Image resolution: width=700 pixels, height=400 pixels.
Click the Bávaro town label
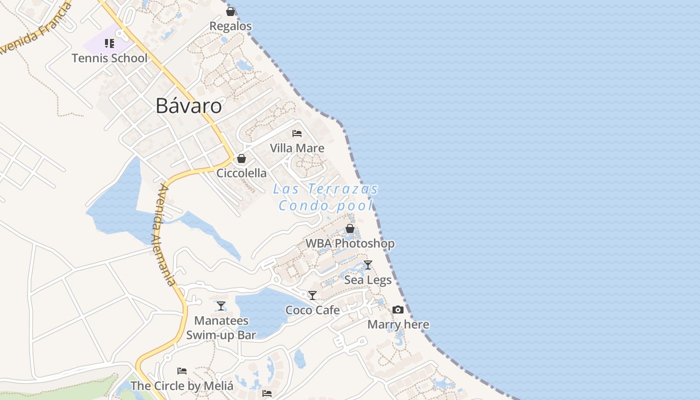coord(188,106)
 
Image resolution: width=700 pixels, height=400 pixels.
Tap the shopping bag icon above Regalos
coord(230,11)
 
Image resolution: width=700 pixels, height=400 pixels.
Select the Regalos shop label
coord(230,26)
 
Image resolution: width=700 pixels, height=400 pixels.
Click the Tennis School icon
coord(109,43)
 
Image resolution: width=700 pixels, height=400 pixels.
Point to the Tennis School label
coord(109,58)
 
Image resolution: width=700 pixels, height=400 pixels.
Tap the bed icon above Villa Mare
coord(297,133)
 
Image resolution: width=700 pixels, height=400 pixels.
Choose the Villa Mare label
coord(297,148)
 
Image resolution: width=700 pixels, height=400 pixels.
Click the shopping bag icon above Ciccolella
coord(241,158)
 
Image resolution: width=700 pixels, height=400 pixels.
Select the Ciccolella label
coord(241,173)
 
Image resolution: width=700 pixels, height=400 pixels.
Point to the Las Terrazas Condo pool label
coord(326,197)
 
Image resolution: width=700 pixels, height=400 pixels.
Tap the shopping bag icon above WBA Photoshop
coord(350,228)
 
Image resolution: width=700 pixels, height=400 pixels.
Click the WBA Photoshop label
coord(350,243)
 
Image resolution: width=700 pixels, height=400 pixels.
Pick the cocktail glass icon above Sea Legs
coord(368,265)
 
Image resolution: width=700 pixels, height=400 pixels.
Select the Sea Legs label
coord(368,280)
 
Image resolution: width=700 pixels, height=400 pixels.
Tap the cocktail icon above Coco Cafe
coord(312,295)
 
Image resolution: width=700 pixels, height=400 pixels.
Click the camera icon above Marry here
coord(398,310)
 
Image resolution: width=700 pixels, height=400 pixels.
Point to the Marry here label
coord(398,324)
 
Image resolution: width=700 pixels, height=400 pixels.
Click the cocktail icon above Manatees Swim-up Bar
coord(221,305)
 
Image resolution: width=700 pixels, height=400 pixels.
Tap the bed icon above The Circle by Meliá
coord(182,371)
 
